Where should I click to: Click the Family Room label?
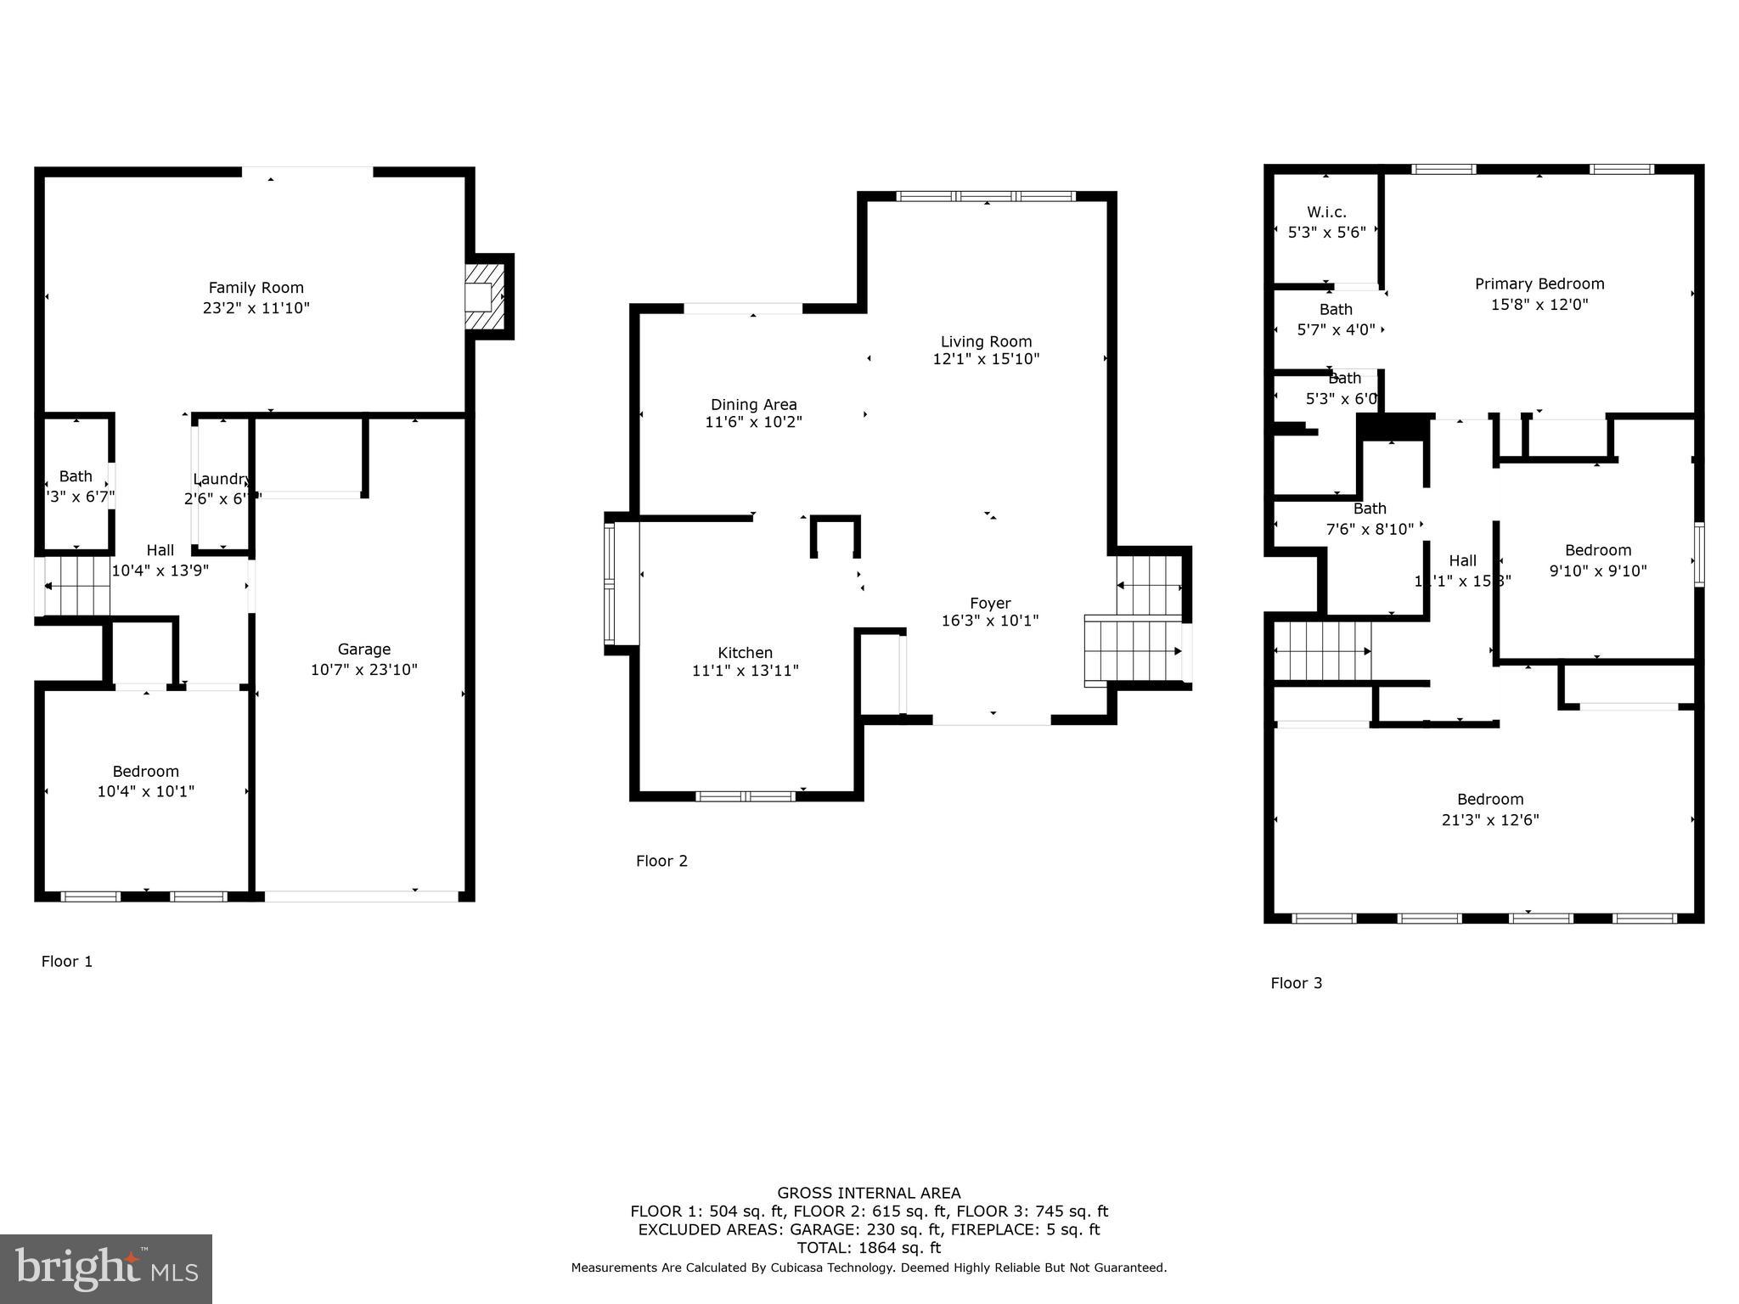click(256, 288)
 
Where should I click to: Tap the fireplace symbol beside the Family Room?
click(485, 296)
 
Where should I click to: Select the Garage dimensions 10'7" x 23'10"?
click(363, 670)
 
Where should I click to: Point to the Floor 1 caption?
click(67, 961)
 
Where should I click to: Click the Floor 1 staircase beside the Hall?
click(77, 585)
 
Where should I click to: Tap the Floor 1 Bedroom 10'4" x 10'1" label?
click(146, 772)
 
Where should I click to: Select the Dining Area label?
click(753, 405)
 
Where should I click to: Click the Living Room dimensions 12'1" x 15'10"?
click(986, 359)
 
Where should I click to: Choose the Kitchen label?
click(745, 653)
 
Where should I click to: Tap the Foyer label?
click(990, 604)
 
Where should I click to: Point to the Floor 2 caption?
click(661, 861)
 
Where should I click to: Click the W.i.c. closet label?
click(1326, 212)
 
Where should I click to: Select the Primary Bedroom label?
click(1539, 284)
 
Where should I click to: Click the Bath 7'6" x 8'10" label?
click(1369, 509)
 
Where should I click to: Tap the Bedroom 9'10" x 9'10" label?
click(1597, 550)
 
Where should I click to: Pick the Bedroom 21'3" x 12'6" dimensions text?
click(1489, 820)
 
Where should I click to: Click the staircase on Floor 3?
click(1322, 651)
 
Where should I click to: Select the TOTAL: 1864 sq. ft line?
click(869, 1248)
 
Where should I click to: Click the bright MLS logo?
click(105, 1268)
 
